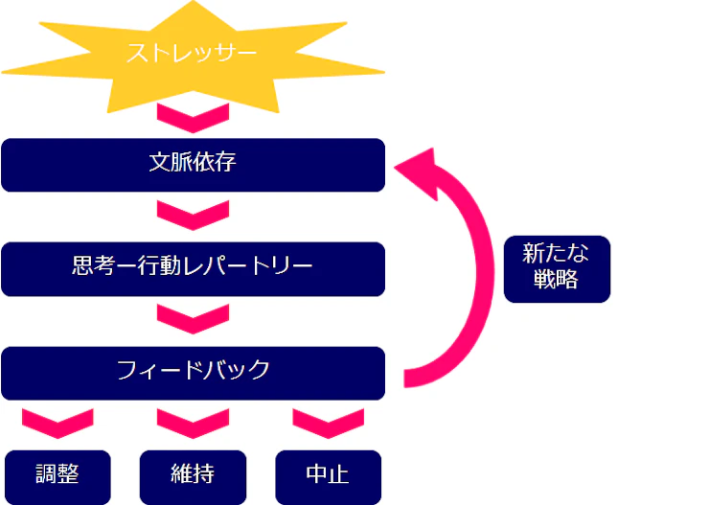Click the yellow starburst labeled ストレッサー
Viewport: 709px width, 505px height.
coord(193,55)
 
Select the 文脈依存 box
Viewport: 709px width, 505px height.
coord(193,164)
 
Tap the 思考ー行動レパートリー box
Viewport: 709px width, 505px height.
coord(193,267)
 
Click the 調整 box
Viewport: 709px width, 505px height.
coord(57,475)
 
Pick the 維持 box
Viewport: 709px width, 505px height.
coord(193,475)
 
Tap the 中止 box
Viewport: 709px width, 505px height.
coord(328,475)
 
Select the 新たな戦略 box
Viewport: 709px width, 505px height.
coord(557,268)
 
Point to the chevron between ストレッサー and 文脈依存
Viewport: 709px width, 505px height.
coord(193,119)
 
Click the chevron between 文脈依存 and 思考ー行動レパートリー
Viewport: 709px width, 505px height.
coord(193,214)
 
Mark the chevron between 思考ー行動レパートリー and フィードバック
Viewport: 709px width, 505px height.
coord(193,317)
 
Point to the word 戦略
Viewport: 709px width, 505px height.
coord(557,282)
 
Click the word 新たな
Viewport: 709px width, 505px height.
coord(557,255)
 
